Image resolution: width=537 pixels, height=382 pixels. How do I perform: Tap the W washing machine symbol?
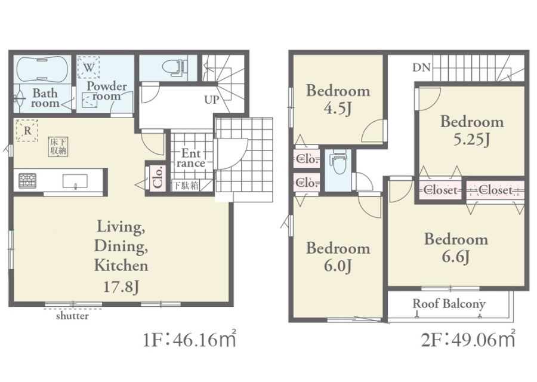click(88, 67)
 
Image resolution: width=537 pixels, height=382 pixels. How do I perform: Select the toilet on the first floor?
click(174, 67)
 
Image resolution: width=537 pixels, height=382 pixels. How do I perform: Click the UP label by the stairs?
click(212, 100)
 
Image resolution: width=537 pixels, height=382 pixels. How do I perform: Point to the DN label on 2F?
click(421, 67)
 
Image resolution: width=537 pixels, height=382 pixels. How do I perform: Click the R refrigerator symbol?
click(27, 130)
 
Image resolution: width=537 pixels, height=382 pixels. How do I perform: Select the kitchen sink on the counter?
click(75, 181)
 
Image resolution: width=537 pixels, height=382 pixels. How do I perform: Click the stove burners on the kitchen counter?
click(27, 180)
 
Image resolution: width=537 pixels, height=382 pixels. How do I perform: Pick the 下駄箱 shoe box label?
click(185, 186)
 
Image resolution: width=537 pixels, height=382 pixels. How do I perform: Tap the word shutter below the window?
click(72, 316)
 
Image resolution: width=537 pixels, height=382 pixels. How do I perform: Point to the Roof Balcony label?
click(449, 304)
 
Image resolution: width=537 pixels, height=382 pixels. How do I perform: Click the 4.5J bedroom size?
click(338, 109)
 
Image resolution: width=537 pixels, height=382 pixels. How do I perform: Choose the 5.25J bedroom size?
click(471, 140)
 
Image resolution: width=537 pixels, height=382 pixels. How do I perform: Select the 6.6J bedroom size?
click(455, 257)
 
